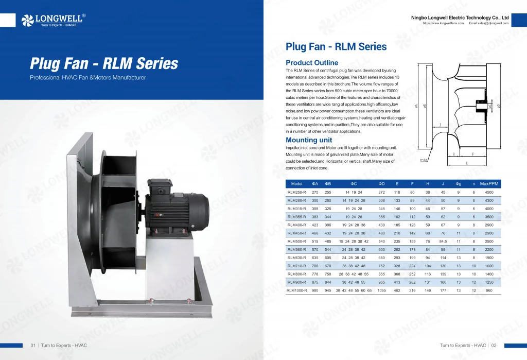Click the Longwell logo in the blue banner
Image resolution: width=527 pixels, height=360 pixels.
click(x=54, y=20)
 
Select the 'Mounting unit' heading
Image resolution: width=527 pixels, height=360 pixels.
click(x=309, y=140)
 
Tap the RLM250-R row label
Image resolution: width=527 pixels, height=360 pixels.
click(x=296, y=192)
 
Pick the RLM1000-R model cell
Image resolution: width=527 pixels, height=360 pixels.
click(x=296, y=290)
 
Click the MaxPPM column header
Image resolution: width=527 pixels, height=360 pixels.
click(x=489, y=184)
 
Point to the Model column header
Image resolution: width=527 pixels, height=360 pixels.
click(x=296, y=184)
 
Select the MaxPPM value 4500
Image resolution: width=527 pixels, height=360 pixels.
click(x=489, y=192)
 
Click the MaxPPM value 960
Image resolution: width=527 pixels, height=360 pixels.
click(x=489, y=290)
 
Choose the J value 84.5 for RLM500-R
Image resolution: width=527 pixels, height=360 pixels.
click(x=443, y=241)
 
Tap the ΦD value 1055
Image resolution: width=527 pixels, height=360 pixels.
click(x=381, y=290)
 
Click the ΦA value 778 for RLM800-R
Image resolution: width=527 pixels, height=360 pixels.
click(x=315, y=274)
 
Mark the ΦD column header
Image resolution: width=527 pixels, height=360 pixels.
click(x=381, y=184)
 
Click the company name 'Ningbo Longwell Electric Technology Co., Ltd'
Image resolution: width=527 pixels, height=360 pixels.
click(x=460, y=18)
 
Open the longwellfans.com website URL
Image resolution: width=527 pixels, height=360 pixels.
click(x=443, y=23)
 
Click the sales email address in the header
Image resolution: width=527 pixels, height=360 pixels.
click(x=488, y=23)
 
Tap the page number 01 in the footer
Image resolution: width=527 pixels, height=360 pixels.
click(x=33, y=345)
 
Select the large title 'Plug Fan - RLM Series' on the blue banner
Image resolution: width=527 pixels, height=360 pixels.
click(x=104, y=64)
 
